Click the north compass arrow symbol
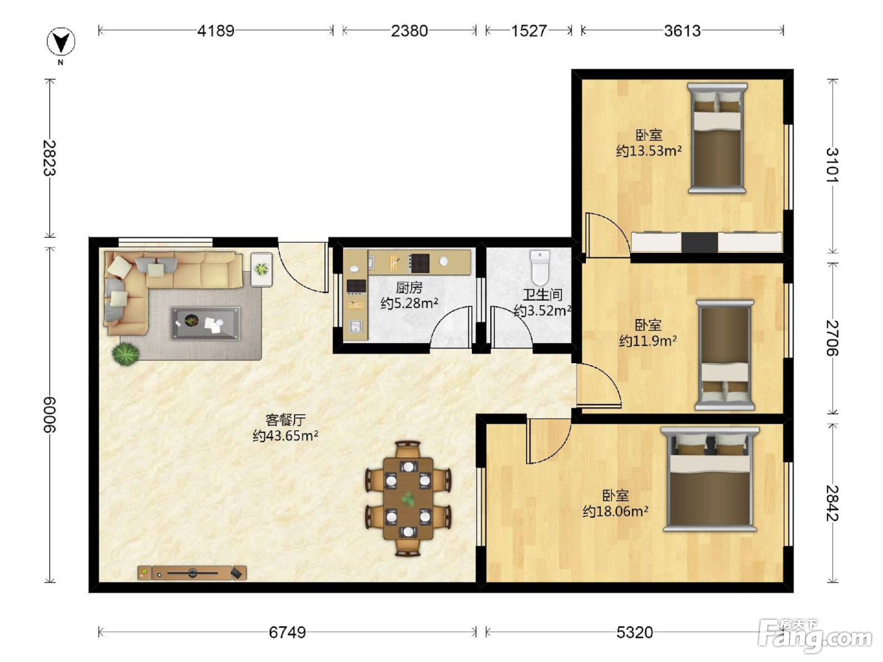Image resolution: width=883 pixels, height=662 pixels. pyautogui.click(x=61, y=41)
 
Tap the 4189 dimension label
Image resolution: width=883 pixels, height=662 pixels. pyautogui.click(x=216, y=31)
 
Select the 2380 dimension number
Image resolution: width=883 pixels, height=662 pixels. pyautogui.click(x=409, y=31)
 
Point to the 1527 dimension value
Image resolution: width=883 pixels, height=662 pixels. pyautogui.click(x=529, y=31)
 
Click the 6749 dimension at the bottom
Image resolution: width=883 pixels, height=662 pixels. pyautogui.click(x=287, y=632)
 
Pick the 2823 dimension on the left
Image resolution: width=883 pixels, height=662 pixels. pyautogui.click(x=50, y=158)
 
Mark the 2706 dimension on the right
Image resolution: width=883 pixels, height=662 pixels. pyautogui.click(x=833, y=338)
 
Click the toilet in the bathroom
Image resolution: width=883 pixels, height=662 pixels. pyautogui.click(x=540, y=267)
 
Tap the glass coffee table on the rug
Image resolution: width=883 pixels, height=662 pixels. pyautogui.click(x=206, y=323)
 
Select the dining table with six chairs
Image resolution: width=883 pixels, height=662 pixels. pyautogui.click(x=408, y=499)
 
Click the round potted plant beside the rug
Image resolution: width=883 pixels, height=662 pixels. pyautogui.click(x=126, y=354)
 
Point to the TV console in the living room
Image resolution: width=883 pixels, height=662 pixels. pyautogui.click(x=192, y=572)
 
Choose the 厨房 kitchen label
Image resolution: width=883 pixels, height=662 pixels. pyautogui.click(x=409, y=287)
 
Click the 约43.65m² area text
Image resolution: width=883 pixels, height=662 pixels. pyautogui.click(x=286, y=436)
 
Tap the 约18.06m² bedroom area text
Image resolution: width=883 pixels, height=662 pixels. pyautogui.click(x=616, y=511)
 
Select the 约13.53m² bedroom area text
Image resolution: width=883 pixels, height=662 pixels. pyautogui.click(x=649, y=151)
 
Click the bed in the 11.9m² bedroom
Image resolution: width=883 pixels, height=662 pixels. pyautogui.click(x=725, y=356)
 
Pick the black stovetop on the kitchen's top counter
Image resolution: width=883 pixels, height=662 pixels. pyautogui.click(x=419, y=264)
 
